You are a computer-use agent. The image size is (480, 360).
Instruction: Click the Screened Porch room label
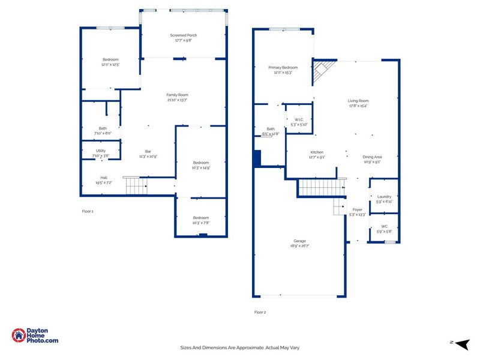point(184,35)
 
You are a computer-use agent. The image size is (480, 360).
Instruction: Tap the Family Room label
point(178,95)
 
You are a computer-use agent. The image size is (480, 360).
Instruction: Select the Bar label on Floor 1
point(148,151)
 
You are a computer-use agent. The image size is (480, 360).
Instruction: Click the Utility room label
point(101,151)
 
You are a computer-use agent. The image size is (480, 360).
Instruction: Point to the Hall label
point(104,178)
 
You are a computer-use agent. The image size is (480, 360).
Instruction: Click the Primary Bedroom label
point(283,68)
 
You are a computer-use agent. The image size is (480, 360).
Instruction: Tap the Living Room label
point(358,101)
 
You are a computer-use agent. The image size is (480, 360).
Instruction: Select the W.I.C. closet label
point(298,120)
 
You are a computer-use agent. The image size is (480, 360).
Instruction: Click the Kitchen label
point(317,152)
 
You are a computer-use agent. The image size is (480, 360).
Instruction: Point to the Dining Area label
point(372,157)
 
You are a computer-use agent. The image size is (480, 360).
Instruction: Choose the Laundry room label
point(384,196)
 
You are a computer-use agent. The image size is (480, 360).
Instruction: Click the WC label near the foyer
point(384,226)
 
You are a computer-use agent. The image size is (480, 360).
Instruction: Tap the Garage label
point(299,241)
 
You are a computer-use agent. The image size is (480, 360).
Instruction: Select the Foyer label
point(358,209)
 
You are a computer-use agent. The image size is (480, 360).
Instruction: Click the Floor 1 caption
point(88,211)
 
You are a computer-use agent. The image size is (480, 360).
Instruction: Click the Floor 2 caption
point(260,312)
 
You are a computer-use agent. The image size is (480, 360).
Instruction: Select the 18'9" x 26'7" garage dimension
point(299,246)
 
